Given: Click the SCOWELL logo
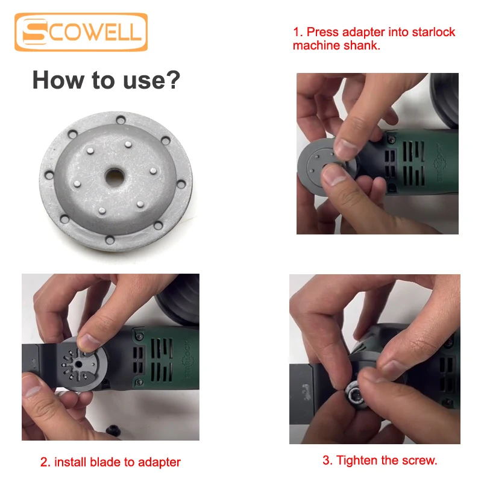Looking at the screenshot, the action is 81,32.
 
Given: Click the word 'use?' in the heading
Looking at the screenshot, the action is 151,80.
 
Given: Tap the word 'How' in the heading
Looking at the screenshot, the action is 58,80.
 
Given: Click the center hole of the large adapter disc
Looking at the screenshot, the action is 115,177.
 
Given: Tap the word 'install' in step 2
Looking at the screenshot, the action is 70,462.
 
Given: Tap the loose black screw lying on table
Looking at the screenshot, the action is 113,431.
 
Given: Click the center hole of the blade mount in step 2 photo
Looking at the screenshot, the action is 78,365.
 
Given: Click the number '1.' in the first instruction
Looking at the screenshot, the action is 298,32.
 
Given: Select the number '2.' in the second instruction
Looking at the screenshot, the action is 45,462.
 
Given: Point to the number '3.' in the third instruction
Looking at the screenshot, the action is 328,460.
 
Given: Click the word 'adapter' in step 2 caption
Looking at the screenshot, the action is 159,463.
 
